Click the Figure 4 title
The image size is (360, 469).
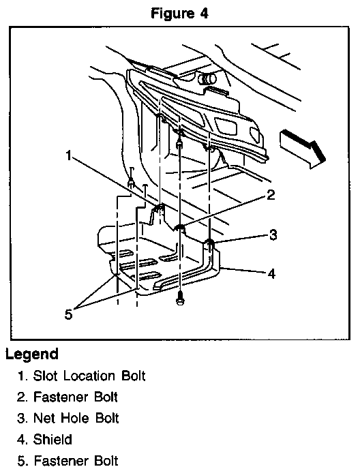(179, 14)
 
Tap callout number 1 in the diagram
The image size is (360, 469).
(69, 155)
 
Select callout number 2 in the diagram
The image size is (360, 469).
(271, 195)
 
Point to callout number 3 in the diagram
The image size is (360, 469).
(273, 235)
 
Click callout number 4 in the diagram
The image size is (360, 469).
(271, 273)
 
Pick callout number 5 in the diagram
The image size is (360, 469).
(69, 314)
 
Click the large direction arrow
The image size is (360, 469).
(302, 149)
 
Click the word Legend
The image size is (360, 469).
(32, 354)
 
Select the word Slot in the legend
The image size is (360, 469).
(45, 376)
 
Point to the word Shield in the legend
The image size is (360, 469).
(52, 440)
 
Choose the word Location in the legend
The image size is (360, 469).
(89, 376)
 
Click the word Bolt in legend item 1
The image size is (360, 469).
(134, 376)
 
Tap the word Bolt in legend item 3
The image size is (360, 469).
(107, 418)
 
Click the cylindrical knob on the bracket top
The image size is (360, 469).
(207, 79)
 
